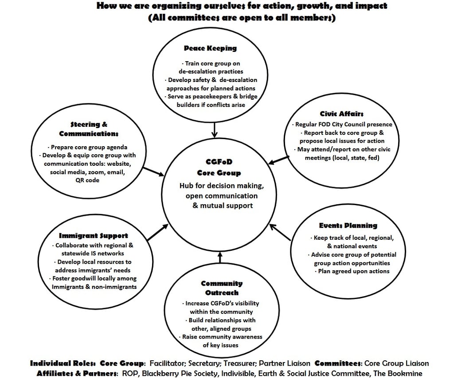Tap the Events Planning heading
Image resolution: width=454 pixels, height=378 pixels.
pyautogui.click(x=348, y=226)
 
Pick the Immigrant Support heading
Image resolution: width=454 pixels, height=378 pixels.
pyautogui.click(x=94, y=235)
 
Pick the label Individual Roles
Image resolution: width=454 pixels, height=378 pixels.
pyautogui.click(x=62, y=363)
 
